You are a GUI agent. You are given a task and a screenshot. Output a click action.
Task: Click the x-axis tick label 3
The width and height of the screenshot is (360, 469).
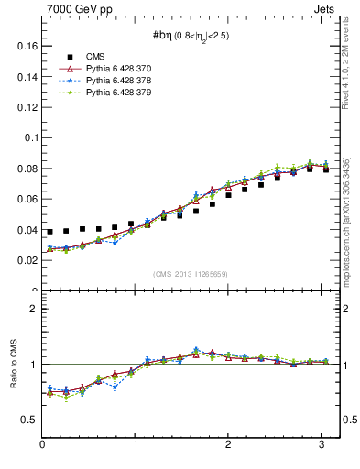pos(322,443)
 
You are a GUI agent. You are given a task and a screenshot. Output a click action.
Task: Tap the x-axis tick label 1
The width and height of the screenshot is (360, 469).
pos(136,443)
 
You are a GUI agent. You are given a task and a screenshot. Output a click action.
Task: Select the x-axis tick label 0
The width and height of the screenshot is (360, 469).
pos(42,443)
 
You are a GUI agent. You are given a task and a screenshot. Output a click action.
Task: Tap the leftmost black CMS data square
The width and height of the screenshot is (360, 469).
pos(50,232)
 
